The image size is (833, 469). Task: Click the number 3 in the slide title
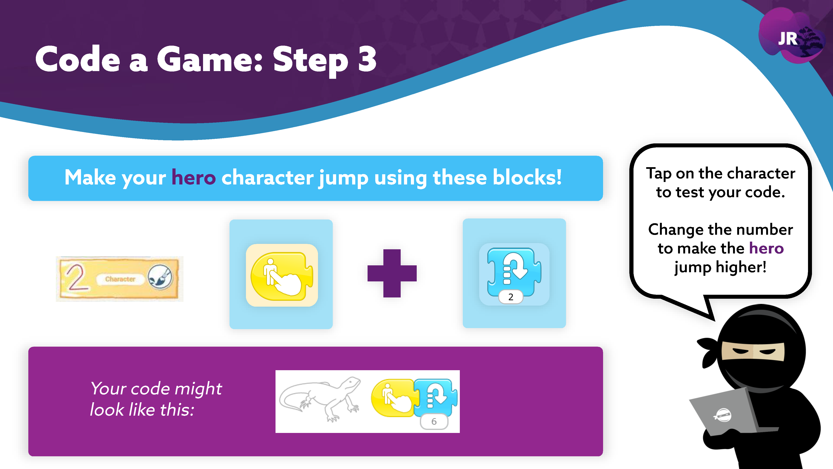(x=367, y=59)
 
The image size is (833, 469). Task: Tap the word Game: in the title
(x=209, y=59)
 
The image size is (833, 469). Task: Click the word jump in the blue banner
(x=343, y=178)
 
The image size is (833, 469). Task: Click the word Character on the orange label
(x=120, y=279)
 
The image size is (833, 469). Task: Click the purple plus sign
(x=392, y=273)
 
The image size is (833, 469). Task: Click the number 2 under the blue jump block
(x=511, y=297)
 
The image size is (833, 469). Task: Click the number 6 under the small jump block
(x=434, y=421)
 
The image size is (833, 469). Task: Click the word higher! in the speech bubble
(x=741, y=267)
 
